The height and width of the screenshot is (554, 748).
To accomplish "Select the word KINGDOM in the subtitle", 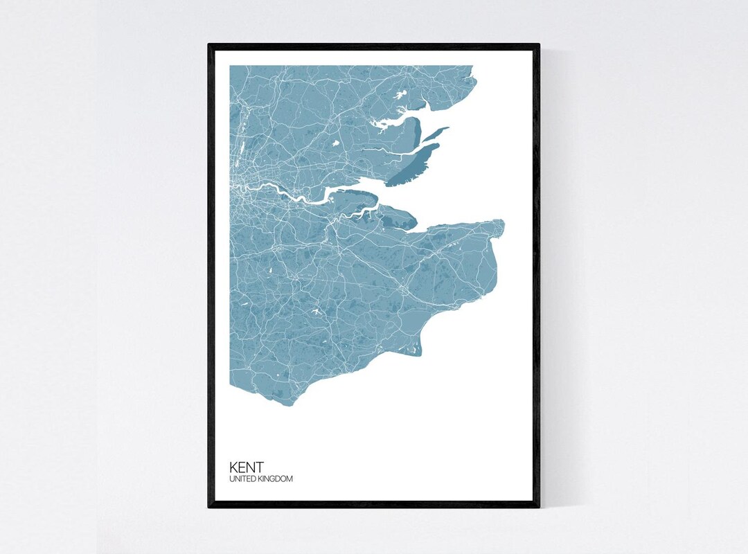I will tap(276, 479).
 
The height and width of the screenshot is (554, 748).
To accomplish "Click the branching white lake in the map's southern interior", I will tap(315, 315).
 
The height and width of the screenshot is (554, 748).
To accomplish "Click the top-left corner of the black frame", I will tap(209, 45).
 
